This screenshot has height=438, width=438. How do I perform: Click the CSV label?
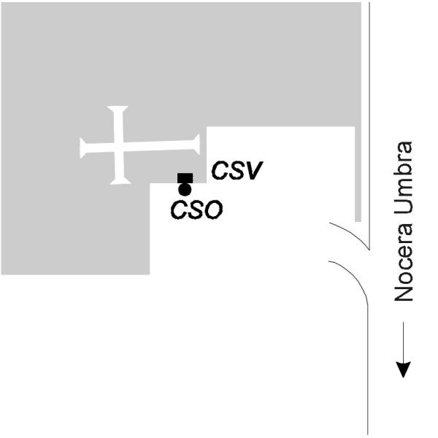click(237, 170)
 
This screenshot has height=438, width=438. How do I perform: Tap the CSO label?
click(196, 210)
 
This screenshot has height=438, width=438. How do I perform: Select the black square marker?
click(185, 178)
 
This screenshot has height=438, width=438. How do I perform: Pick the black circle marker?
click(185, 190)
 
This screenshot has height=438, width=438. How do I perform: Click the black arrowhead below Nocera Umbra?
click(404, 369)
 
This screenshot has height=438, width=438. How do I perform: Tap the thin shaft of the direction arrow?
click(404, 342)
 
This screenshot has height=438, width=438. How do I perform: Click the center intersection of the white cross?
click(118, 147)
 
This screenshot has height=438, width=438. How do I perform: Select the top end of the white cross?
click(118, 107)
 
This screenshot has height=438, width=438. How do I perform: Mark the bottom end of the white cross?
click(120, 184)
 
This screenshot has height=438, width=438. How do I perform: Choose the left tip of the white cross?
click(80, 148)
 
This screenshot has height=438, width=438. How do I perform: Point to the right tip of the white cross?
click(199, 145)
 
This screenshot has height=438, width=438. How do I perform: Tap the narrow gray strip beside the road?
click(358, 174)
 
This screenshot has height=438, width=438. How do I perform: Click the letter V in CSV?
click(253, 170)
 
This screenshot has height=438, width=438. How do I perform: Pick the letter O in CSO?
click(214, 210)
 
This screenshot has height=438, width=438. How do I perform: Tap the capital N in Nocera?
click(404, 293)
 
